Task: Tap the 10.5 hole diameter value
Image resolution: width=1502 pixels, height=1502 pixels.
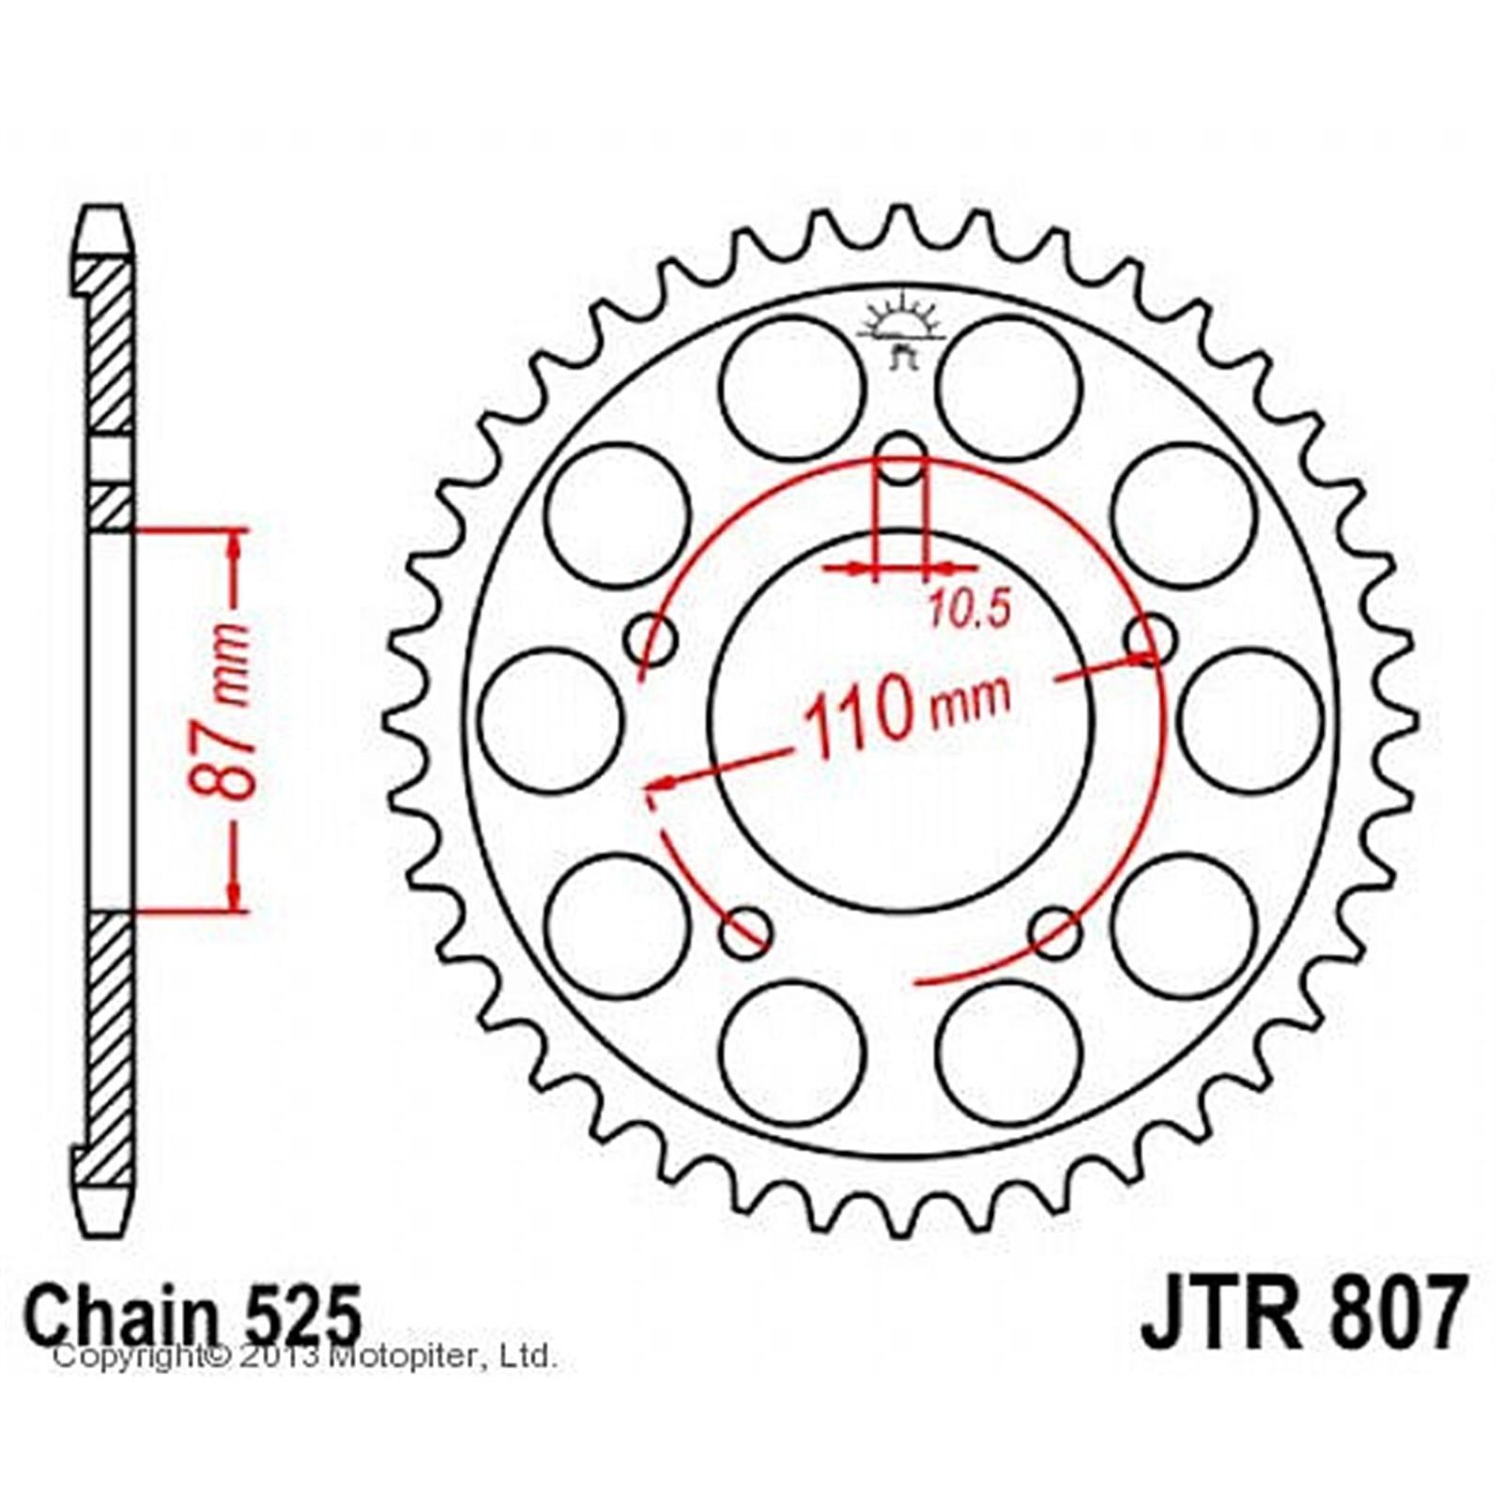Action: coord(970,610)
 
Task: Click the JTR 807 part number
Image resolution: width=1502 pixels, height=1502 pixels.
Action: coord(1302,1310)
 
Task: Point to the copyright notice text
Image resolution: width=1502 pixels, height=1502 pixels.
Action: coord(304,1356)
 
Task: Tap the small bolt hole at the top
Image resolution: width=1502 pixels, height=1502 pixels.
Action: coord(901,458)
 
